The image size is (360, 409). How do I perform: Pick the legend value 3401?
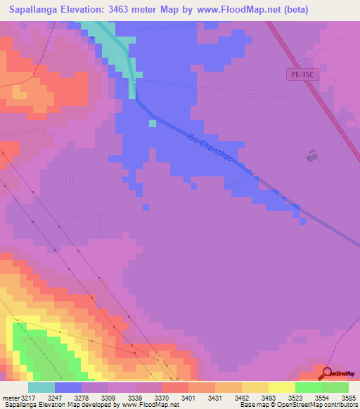click(x=188, y=397)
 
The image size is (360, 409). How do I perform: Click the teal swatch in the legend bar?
click(x=41, y=387)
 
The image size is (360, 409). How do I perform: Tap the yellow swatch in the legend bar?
click(x=281, y=387)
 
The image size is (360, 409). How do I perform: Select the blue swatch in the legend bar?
click(x=68, y=387)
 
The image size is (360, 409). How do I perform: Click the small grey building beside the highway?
click(x=312, y=157)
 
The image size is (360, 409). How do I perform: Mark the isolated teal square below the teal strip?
click(x=153, y=124)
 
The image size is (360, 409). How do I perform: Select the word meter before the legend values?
click(x=11, y=397)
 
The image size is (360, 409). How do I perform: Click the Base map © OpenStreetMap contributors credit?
click(x=298, y=405)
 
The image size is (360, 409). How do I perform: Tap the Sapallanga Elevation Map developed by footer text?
click(x=62, y=405)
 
